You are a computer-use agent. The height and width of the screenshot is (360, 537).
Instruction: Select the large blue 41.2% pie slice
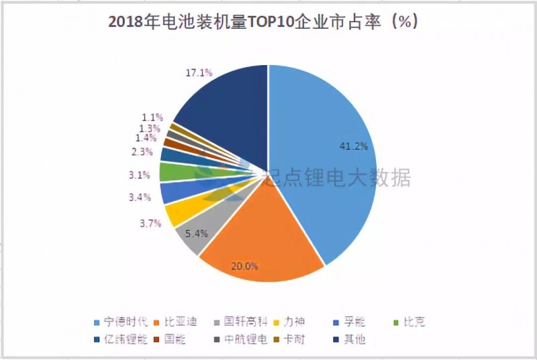coord(322,154)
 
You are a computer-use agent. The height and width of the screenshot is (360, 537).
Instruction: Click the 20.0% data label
coord(244,266)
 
